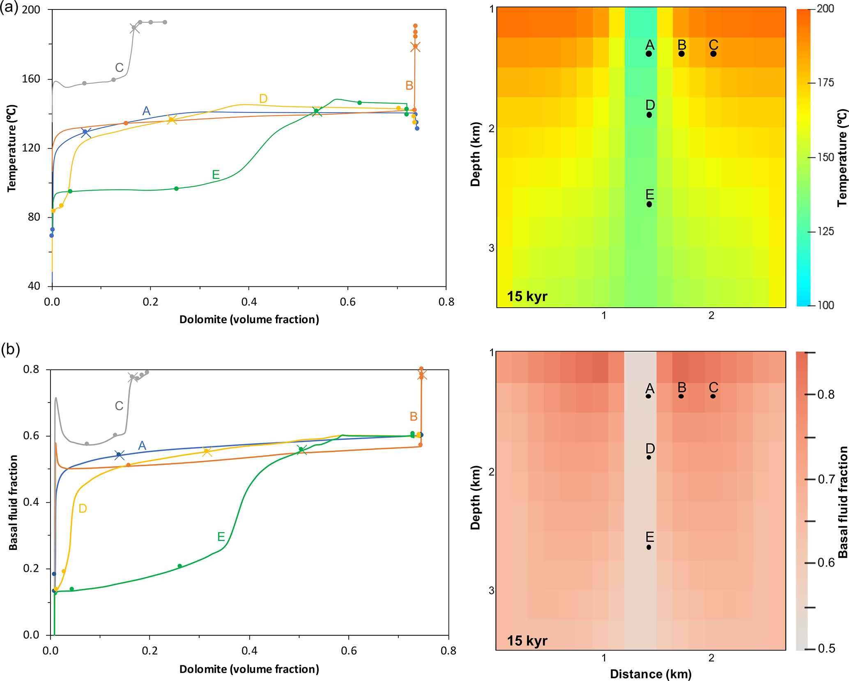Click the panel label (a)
point(9,7)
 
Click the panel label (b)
point(10,350)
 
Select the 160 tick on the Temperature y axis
point(31,78)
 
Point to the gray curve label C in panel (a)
point(119,67)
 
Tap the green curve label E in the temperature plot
point(216,175)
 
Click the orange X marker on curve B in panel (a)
point(415,47)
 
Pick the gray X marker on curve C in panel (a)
point(134,28)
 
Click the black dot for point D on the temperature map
point(649,115)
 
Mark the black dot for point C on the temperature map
point(713,54)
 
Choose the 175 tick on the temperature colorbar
point(825,83)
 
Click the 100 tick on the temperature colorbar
point(825,305)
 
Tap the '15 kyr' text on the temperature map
point(527,296)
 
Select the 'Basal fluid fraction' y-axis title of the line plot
point(13,502)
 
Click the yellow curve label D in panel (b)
point(83,508)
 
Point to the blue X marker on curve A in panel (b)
point(119,455)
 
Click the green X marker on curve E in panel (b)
point(301,450)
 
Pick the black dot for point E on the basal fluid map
point(649,547)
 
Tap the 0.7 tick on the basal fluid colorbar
point(826,479)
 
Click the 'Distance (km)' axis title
point(651,674)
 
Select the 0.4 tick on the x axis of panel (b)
point(249,651)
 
